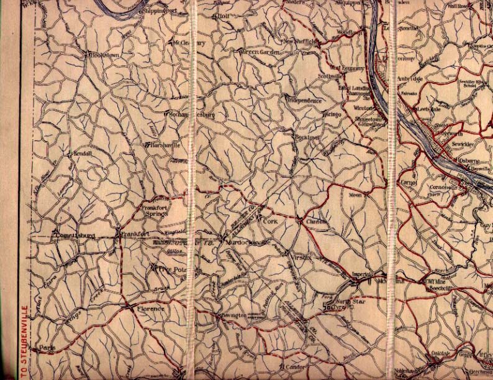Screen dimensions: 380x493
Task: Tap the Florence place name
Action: tap(151, 308)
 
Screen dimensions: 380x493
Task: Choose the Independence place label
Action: tap(305, 100)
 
